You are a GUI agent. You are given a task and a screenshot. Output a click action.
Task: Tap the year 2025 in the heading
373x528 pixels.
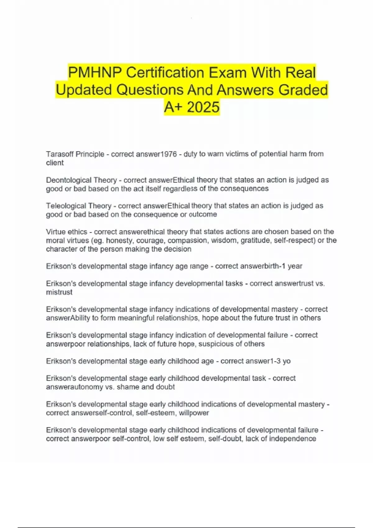(203, 107)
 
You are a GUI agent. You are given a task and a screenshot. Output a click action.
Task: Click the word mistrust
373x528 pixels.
(59, 292)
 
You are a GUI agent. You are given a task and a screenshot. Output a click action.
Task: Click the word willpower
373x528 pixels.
(194, 413)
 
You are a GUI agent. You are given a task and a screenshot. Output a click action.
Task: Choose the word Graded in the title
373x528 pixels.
(303, 90)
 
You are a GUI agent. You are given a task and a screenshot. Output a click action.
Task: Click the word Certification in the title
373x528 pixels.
(165, 73)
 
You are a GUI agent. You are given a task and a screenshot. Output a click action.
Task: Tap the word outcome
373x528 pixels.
(203, 215)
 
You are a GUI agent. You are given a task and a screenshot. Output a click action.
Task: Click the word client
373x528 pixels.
(55, 163)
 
